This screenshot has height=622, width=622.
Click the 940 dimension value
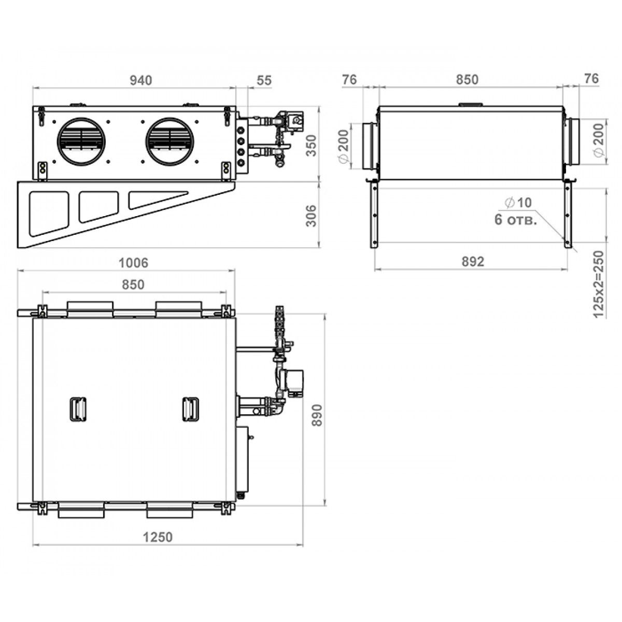point(141,80)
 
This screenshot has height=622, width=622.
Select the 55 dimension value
point(264,80)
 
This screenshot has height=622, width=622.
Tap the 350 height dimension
point(312,146)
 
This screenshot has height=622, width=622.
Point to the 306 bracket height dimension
point(312,216)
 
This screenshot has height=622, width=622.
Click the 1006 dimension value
point(133,263)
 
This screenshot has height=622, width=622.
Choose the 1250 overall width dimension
point(158,537)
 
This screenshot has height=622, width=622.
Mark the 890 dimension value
point(318,415)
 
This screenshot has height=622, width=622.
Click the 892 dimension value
point(473,261)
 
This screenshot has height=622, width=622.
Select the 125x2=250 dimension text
point(599,285)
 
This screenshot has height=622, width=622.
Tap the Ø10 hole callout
point(518,203)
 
